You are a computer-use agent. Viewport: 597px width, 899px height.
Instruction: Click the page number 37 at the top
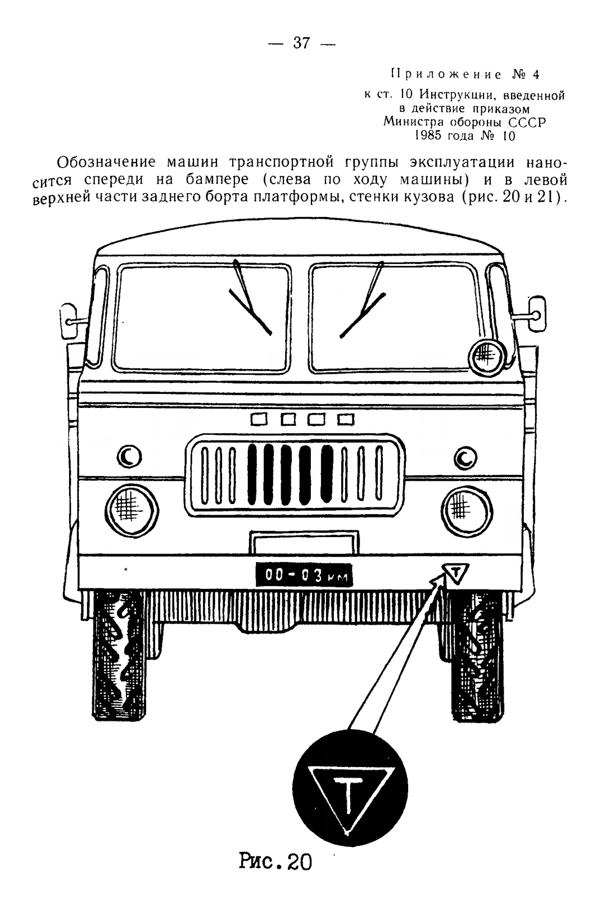[301, 43]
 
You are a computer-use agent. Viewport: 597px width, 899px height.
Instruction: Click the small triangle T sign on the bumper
[455, 573]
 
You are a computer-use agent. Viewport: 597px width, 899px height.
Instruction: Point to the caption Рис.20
[275, 861]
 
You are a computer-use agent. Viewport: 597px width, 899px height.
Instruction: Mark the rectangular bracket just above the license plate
[305, 543]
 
